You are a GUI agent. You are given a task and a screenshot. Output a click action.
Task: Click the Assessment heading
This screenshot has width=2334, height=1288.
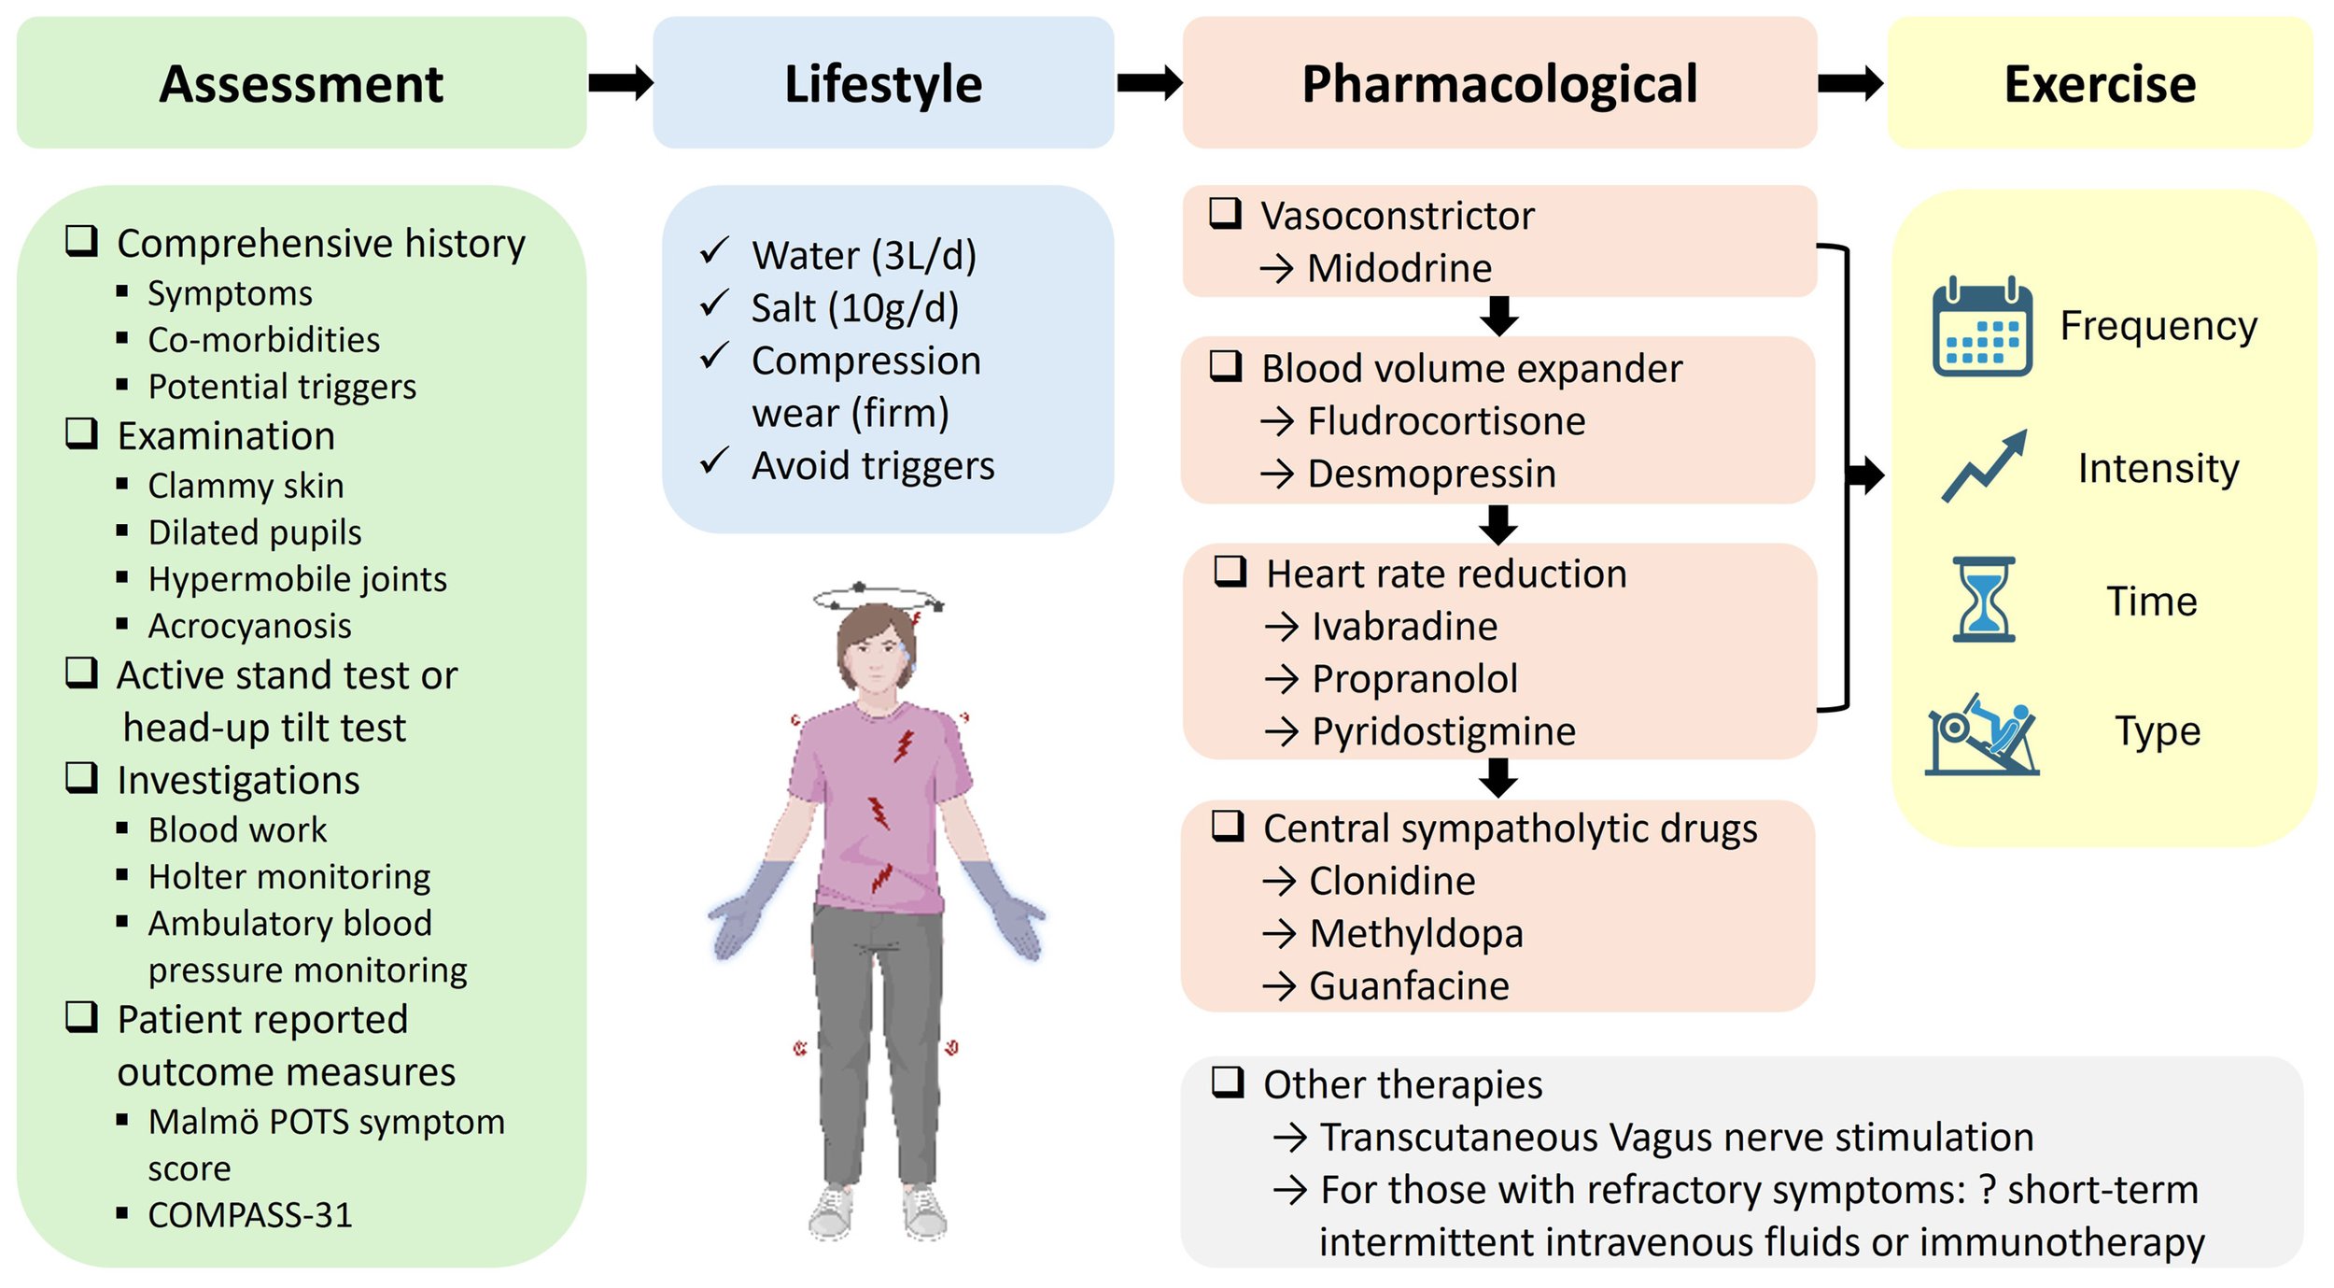(x=301, y=84)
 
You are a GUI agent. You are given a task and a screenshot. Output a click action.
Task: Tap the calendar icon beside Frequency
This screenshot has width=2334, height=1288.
(x=1981, y=327)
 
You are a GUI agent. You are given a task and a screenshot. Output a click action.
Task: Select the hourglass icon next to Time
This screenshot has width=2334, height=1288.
(x=1983, y=600)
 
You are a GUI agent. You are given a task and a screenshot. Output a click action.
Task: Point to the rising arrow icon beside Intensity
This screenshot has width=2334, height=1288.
(x=1984, y=467)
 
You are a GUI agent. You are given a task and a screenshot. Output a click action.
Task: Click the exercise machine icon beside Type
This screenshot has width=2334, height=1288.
(x=1981, y=735)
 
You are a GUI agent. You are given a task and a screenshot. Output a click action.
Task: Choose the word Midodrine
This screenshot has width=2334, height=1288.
(x=1399, y=269)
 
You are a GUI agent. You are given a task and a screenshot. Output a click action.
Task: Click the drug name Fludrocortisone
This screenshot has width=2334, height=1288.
(x=1445, y=422)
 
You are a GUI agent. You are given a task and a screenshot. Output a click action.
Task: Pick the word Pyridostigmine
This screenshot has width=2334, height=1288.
(x=1443, y=732)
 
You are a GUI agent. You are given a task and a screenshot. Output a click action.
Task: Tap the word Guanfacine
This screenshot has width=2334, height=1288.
(x=1409, y=986)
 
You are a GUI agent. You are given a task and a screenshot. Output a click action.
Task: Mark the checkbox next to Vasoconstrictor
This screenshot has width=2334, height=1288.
(x=1225, y=214)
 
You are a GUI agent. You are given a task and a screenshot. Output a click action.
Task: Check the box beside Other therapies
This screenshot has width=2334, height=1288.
(x=1227, y=1083)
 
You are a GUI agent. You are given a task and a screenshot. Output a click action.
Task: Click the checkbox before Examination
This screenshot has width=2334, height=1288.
(x=82, y=433)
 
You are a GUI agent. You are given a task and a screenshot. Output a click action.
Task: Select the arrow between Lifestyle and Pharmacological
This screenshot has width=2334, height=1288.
(x=1149, y=83)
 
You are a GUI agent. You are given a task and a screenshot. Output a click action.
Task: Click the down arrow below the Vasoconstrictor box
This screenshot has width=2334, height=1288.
(x=1498, y=317)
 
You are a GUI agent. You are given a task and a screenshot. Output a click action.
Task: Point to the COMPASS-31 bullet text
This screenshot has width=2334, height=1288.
(x=250, y=1215)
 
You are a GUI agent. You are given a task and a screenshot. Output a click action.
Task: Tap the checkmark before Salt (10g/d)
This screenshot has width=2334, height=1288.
(x=714, y=304)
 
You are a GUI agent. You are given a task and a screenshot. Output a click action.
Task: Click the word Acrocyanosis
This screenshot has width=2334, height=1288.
(x=249, y=626)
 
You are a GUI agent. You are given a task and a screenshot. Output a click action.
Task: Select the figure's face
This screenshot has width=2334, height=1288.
(x=876, y=653)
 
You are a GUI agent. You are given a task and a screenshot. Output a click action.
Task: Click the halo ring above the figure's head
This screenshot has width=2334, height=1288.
(x=878, y=598)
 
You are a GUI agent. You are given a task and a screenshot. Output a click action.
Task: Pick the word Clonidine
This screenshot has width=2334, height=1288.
(x=1392, y=882)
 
